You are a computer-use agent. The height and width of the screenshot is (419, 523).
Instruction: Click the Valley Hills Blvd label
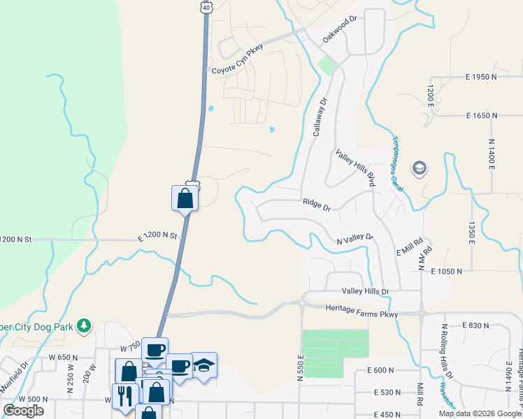(x=355, y=168)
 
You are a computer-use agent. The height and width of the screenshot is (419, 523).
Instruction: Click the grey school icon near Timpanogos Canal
(x=419, y=168)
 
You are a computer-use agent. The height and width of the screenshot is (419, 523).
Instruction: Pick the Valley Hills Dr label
(x=365, y=291)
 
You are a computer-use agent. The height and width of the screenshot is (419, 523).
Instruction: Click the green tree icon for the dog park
(x=83, y=325)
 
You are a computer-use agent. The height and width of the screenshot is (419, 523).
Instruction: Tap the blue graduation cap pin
(x=203, y=365)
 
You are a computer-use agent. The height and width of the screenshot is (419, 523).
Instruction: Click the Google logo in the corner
(x=23, y=411)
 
